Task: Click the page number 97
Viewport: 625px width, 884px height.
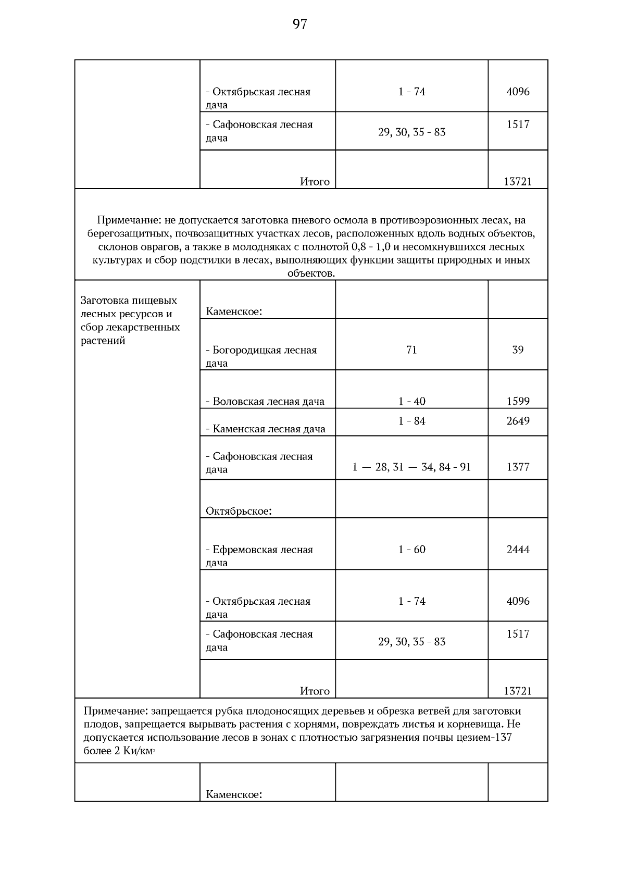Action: tap(299, 24)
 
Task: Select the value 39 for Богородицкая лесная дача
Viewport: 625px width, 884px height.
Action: tap(518, 350)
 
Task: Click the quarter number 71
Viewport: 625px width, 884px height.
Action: tap(411, 350)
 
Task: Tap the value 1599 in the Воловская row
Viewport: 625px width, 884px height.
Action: tap(518, 401)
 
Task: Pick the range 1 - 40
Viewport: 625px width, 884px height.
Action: tap(411, 401)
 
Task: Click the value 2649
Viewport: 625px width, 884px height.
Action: tap(518, 421)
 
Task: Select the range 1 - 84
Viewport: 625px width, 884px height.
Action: tap(411, 421)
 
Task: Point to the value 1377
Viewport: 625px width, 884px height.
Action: tap(518, 467)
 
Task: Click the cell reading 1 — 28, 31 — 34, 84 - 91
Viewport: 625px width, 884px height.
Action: tap(411, 467)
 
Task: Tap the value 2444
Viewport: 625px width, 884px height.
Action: tap(518, 549)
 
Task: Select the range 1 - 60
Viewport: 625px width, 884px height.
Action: tap(411, 549)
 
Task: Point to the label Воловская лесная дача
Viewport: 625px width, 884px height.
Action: tap(265, 401)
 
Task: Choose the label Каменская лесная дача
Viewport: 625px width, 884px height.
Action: tap(265, 429)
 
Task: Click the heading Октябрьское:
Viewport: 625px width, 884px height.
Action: tap(239, 511)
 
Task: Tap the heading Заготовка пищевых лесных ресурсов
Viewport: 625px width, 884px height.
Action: tap(129, 307)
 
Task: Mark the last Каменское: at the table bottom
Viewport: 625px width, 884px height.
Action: tap(233, 794)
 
